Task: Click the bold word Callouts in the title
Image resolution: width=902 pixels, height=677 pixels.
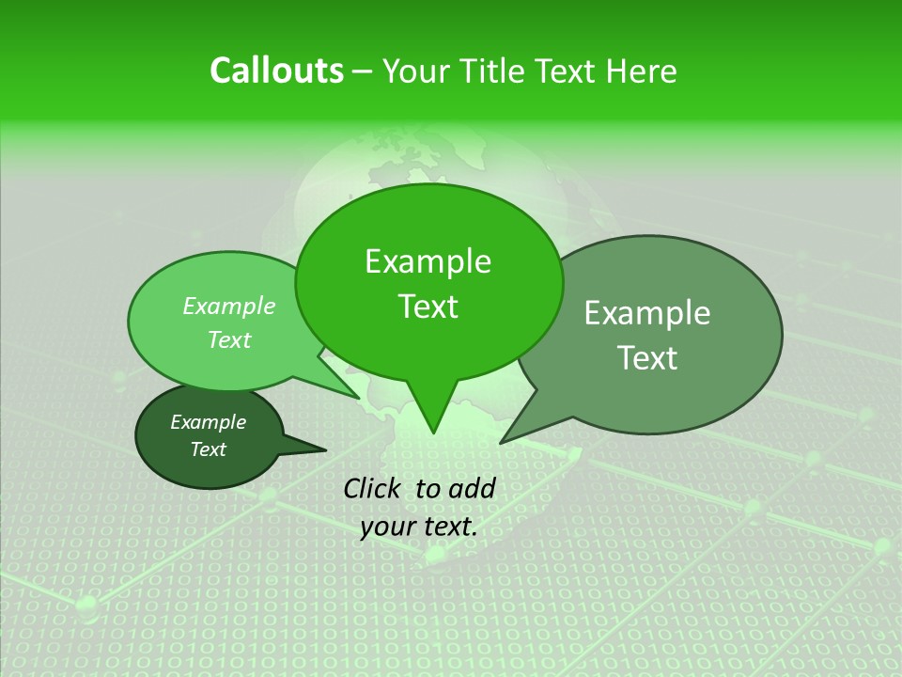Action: coord(276,71)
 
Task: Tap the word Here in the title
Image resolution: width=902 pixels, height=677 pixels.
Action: coord(642,71)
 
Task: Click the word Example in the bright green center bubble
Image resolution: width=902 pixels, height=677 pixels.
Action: coord(428,261)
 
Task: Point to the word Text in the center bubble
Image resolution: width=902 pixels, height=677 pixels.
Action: coord(428,307)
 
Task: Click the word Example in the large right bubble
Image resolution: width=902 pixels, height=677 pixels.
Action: coord(647,313)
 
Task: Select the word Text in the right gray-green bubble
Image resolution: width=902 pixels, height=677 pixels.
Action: coord(647,358)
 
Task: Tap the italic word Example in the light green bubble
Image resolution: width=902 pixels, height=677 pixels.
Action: coord(229,307)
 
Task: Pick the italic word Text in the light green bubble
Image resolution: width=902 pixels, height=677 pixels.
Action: coord(229,340)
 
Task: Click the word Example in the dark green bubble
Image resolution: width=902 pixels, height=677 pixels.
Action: coord(208,422)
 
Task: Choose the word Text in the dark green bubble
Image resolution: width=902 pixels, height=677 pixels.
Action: coord(208,449)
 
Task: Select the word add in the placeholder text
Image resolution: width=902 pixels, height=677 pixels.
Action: coord(472,488)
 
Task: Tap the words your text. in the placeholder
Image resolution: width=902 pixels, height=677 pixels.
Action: coord(418,527)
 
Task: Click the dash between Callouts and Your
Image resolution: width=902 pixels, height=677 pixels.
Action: coord(365,71)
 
